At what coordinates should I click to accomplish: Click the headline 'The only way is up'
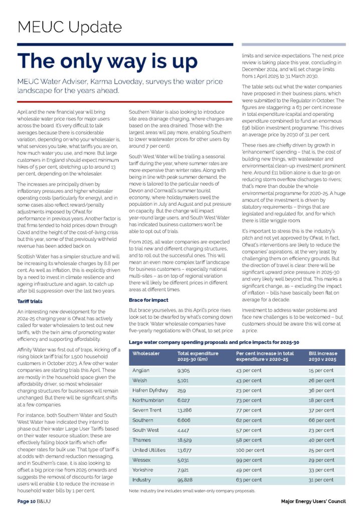[107, 61]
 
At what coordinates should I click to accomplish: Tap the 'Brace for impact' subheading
[148, 300]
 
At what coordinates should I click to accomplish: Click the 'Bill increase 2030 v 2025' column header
[323, 357]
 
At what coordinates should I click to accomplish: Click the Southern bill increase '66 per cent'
[321, 420]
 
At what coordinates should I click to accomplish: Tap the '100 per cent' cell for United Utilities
[251, 450]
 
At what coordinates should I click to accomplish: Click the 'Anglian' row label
[142, 370]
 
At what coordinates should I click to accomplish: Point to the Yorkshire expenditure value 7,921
[185, 470]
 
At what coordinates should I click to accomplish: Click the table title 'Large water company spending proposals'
[214, 342]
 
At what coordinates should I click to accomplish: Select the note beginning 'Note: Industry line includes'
[192, 490]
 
